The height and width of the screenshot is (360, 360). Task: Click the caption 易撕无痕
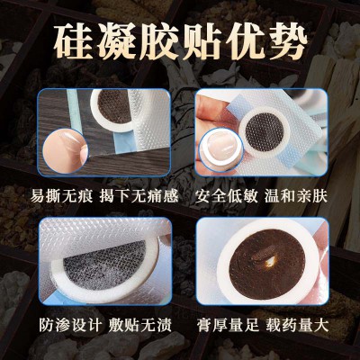tap(61, 196)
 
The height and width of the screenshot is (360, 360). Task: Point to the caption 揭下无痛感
tap(139, 196)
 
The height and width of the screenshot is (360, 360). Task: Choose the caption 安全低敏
tap(227, 196)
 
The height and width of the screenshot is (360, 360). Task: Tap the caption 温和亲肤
tap(296, 196)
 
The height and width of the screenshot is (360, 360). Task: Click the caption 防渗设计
tap(71, 325)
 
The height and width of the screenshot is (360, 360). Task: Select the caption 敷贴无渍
tap(140, 325)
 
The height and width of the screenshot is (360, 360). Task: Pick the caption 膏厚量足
tap(228, 325)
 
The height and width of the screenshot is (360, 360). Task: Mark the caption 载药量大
tap(298, 325)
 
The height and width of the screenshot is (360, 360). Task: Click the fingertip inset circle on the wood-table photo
tap(65, 150)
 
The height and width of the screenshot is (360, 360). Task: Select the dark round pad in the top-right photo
tap(263, 131)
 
